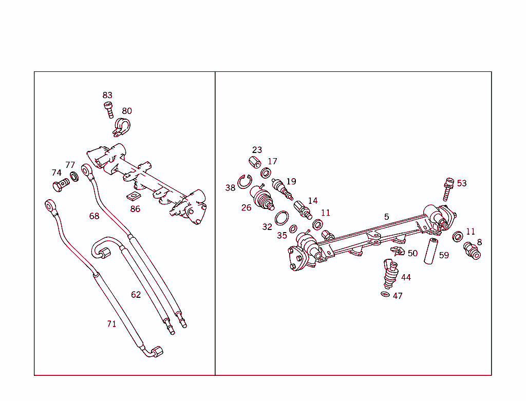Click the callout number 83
(107, 95)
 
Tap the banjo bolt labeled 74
(60, 185)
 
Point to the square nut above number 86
(134, 197)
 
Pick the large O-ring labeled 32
(281, 218)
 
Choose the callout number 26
(247, 207)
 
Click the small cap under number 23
(254, 162)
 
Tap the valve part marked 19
(283, 189)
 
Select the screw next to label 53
(448, 189)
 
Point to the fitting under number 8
(472, 251)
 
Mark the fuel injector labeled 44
(389, 275)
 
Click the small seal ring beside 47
(385, 294)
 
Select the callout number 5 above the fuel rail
(387, 217)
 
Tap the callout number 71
(111, 323)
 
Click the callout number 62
(136, 294)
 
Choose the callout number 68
(94, 216)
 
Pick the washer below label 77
(74, 177)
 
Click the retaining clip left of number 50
(397, 252)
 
